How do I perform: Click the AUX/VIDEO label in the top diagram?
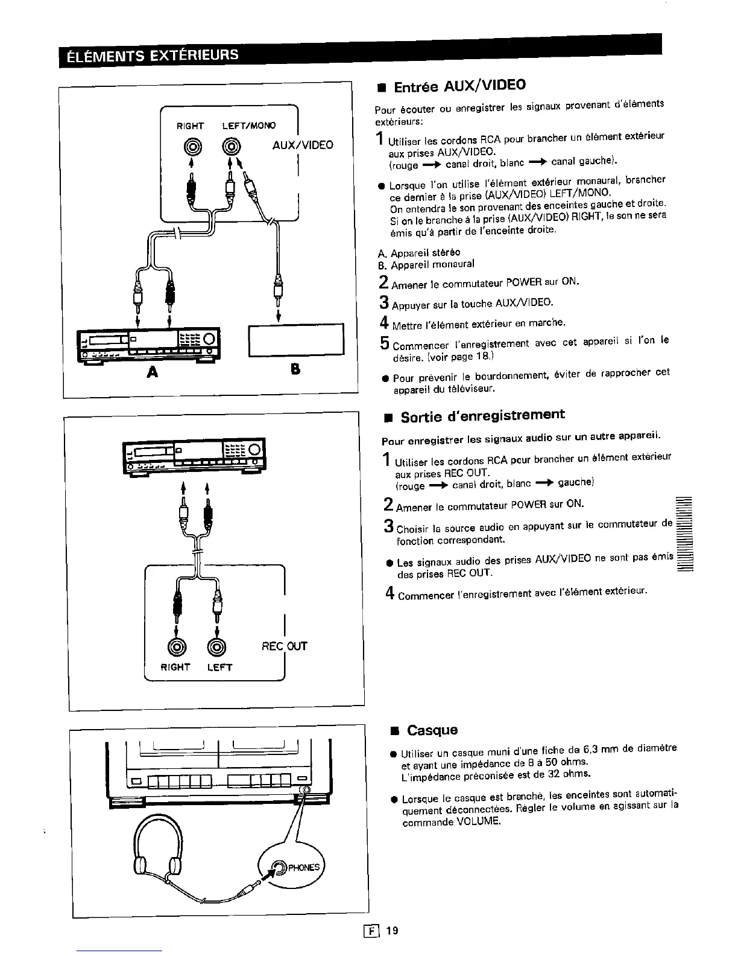[x=302, y=145]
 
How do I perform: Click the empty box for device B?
[x=296, y=339]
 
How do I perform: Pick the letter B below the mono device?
[x=295, y=369]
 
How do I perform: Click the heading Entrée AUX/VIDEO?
[x=459, y=86]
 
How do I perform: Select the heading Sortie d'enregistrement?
[x=482, y=416]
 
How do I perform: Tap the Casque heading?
[x=432, y=730]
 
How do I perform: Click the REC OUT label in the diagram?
[x=285, y=646]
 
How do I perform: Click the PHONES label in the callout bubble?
[x=303, y=868]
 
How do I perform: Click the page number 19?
[x=393, y=931]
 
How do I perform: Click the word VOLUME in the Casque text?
[x=479, y=822]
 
